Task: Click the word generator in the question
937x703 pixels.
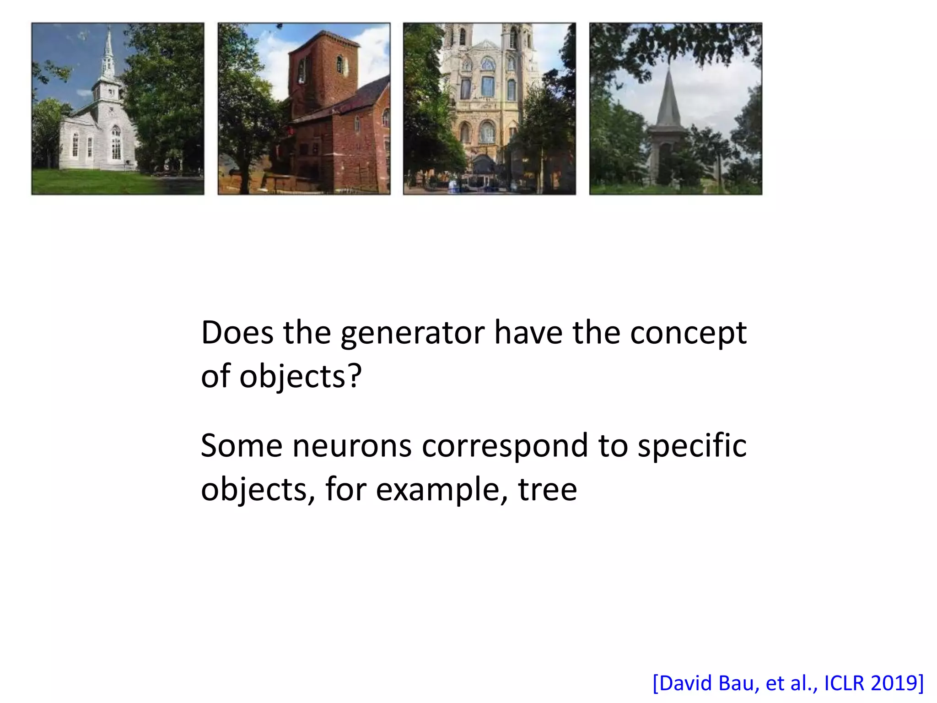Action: point(412,334)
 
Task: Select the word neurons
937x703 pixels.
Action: point(352,446)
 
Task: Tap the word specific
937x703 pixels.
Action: point(692,446)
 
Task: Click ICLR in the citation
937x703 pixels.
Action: point(844,683)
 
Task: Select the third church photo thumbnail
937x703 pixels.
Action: point(489,109)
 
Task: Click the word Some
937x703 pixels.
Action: point(242,446)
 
